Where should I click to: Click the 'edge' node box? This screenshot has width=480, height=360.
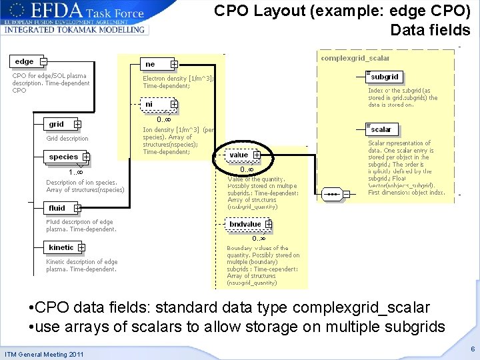click(x=25, y=61)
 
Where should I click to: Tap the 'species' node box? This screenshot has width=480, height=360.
click(x=65, y=157)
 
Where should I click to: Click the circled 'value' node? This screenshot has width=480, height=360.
click(x=239, y=155)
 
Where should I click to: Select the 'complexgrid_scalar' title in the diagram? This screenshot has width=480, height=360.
click(x=355, y=58)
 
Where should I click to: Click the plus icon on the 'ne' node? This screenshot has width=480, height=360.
click(x=174, y=65)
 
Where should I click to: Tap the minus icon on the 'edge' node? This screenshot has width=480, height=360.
click(x=43, y=62)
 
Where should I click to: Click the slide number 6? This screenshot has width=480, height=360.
click(x=472, y=349)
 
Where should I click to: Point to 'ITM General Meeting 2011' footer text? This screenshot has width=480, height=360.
click(x=44, y=354)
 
